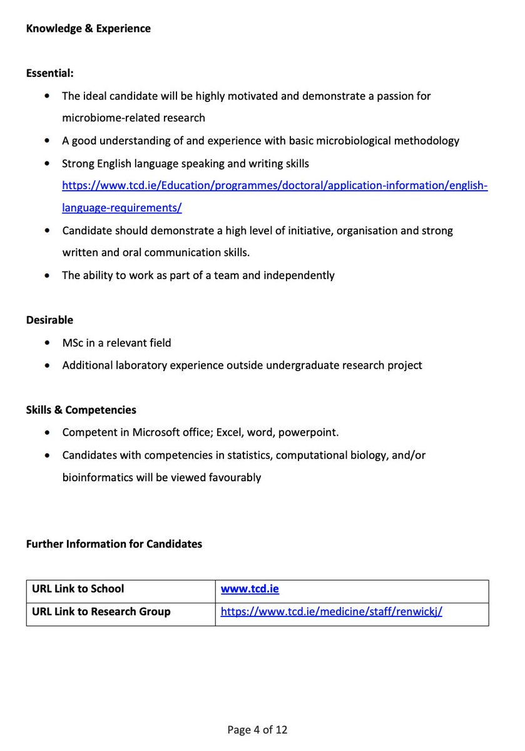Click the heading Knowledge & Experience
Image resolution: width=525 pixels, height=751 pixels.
(88, 28)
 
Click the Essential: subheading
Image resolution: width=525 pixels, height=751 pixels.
(50, 73)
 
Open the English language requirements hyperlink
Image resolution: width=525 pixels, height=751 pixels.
(274, 186)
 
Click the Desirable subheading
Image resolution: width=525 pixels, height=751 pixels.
(49, 320)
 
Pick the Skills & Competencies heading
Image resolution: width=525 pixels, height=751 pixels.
(81, 410)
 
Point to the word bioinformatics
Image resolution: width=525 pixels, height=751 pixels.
(98, 478)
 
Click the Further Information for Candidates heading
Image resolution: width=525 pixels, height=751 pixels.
(114, 544)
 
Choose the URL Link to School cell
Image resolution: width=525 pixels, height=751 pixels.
(78, 589)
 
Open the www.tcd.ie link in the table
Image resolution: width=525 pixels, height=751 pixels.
(250, 589)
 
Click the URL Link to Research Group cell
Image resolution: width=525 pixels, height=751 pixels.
(101, 611)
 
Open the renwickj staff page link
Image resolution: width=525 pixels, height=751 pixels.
(331, 611)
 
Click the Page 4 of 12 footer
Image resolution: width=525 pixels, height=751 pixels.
(257, 730)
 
